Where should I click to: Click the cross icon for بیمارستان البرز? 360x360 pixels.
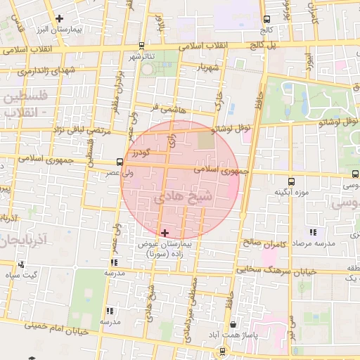(59, 18)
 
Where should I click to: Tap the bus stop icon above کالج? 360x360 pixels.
(266, 20)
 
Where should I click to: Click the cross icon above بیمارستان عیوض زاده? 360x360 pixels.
(165, 233)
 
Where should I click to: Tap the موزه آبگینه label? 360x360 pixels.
(290, 191)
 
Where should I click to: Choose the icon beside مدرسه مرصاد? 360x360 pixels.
(313, 232)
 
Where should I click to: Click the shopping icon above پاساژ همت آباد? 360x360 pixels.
(233, 325)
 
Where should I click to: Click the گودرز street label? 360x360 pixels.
(141, 152)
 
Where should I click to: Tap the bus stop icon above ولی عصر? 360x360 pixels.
(120, 162)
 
